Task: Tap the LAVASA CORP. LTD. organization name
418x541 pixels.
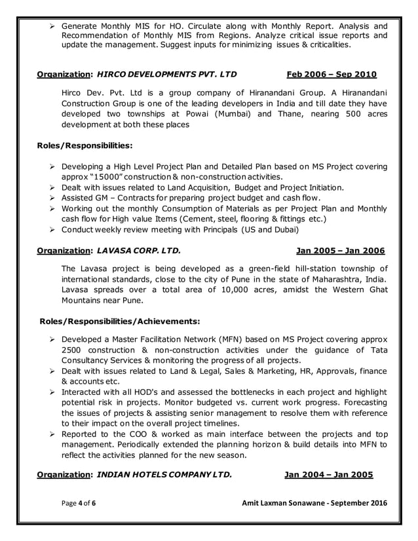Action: coord(137,251)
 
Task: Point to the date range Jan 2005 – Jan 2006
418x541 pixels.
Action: coord(341,251)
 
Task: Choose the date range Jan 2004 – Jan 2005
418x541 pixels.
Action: coord(328,475)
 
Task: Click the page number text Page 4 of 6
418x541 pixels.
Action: coord(81,502)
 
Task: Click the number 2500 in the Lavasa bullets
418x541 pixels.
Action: coord(73,350)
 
